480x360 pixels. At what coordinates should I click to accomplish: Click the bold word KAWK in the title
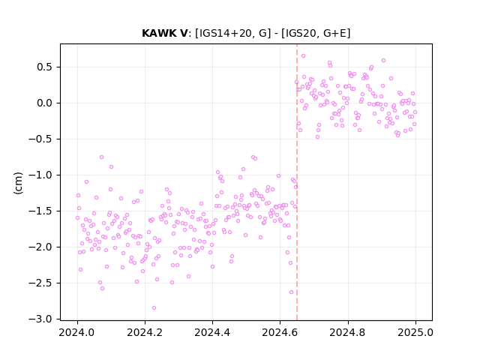(x=161, y=33)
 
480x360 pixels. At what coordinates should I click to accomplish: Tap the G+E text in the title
(x=335, y=33)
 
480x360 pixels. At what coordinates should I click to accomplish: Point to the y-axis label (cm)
(x=18, y=183)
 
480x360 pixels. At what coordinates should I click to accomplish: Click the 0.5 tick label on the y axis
(x=45, y=67)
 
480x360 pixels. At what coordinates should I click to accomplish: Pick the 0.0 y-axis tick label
(x=45, y=103)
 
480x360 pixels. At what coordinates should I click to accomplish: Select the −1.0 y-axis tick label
(x=40, y=175)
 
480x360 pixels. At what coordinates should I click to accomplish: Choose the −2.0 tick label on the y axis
(x=40, y=247)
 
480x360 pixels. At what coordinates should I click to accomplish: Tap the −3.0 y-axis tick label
(x=40, y=319)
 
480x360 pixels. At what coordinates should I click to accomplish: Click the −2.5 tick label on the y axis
(x=40, y=283)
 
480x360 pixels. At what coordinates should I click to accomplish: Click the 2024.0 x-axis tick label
(x=77, y=332)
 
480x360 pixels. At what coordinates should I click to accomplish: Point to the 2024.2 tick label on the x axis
(x=145, y=332)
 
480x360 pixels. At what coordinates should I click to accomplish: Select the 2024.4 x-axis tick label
(x=212, y=332)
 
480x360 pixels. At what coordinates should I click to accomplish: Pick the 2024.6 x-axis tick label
(x=280, y=332)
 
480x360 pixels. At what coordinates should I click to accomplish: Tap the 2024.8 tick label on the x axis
(x=348, y=332)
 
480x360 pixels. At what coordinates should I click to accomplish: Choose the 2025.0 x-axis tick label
(x=415, y=332)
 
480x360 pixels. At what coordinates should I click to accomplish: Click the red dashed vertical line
(x=297, y=182)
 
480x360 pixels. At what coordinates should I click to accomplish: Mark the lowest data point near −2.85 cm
(x=154, y=308)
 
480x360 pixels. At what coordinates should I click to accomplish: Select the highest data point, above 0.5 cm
(x=303, y=56)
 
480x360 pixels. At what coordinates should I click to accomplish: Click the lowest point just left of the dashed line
(x=292, y=292)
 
